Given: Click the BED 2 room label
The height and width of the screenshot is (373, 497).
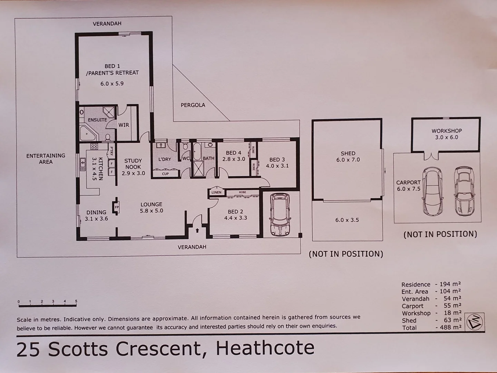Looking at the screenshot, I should pos(235,214).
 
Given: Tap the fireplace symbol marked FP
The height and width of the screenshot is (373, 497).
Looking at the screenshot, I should pos(117,207).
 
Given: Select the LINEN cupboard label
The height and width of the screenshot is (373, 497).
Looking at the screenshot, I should pos(216,192).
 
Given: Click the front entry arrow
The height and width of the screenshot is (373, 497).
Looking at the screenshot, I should pos(197,230).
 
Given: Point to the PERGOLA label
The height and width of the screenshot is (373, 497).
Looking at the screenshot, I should pos(193,105).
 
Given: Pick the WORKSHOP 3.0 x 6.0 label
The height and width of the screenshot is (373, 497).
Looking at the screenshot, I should pos(447,134).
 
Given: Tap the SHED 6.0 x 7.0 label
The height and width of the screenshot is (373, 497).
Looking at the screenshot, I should pos(348,156).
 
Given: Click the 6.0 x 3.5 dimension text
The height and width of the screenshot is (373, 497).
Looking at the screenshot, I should pos(347,220).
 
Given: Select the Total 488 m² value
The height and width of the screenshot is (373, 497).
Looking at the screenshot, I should pos(449,327).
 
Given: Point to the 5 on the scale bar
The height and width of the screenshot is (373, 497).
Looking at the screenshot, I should pos(76,302).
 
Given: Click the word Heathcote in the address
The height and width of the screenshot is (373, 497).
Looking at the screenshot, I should pos(265,348).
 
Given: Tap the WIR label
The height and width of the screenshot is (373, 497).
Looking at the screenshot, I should pos(124,125).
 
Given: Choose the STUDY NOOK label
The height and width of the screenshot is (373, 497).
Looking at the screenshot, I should pos(133,167).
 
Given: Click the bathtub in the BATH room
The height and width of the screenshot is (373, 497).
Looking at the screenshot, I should pos(198,152).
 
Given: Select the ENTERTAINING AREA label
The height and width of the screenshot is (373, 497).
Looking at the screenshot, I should pos(46,159).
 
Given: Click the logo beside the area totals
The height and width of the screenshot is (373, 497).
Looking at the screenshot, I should pos(475,322).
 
